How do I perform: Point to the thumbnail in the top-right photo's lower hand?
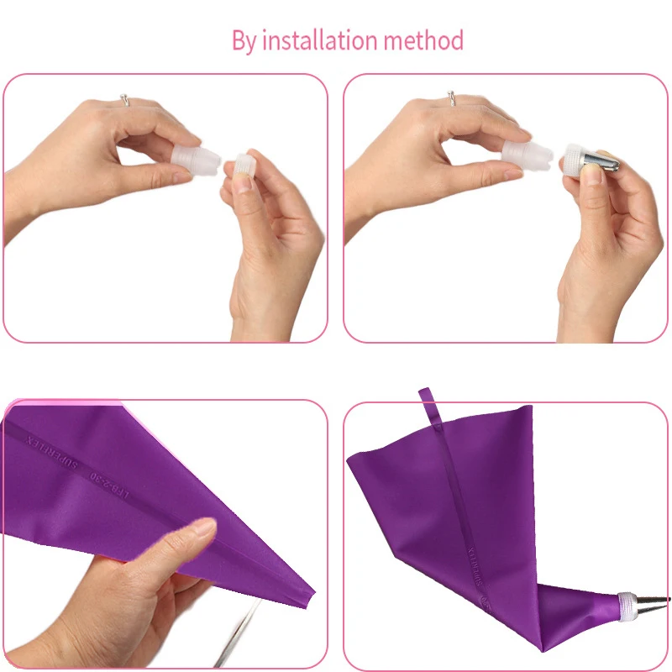pyautogui.click(x=593, y=176)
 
